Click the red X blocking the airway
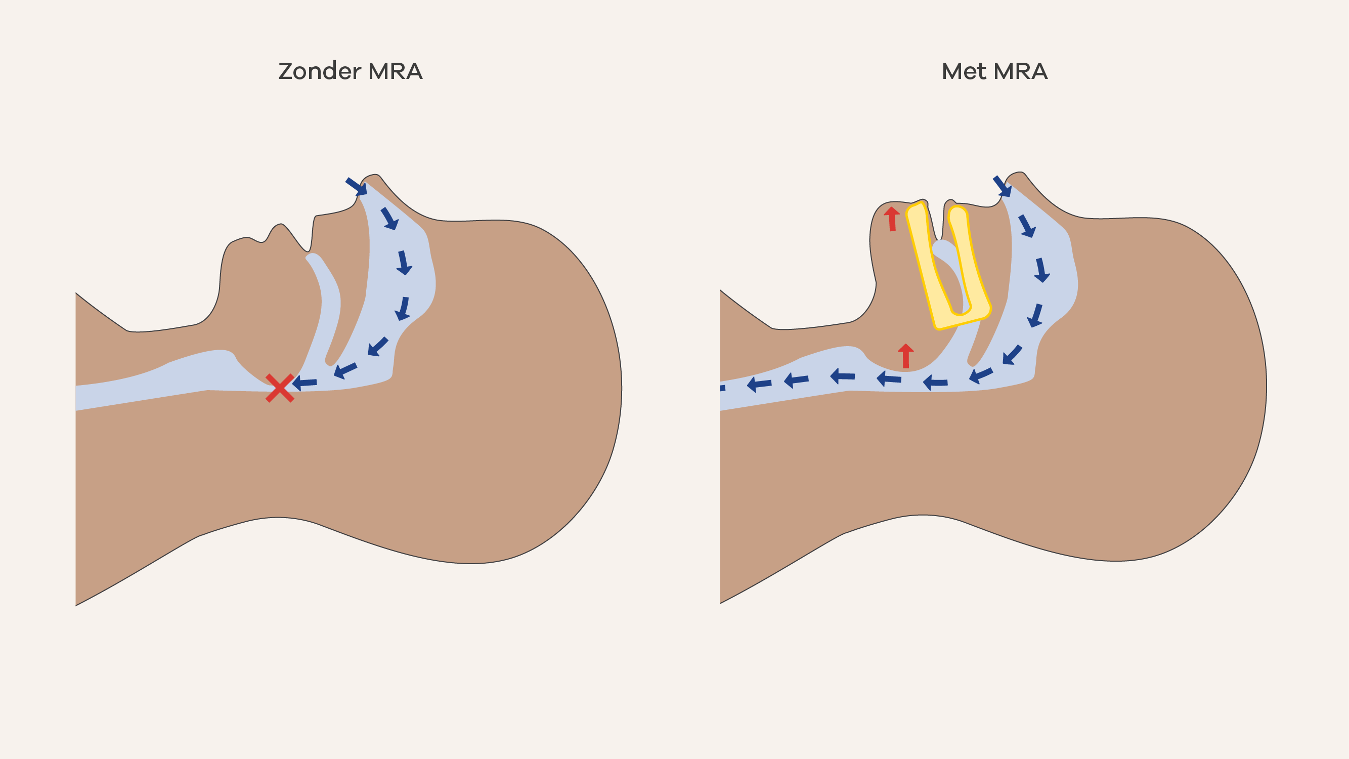point(280,388)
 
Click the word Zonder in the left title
point(320,71)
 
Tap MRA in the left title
point(396,71)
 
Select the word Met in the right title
point(964,71)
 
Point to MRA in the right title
point(1020,71)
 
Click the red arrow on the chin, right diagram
point(892,219)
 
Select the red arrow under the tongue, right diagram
point(905,356)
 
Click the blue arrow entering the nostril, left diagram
point(356,187)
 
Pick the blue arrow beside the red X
point(305,383)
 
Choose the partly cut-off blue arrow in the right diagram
point(722,388)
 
